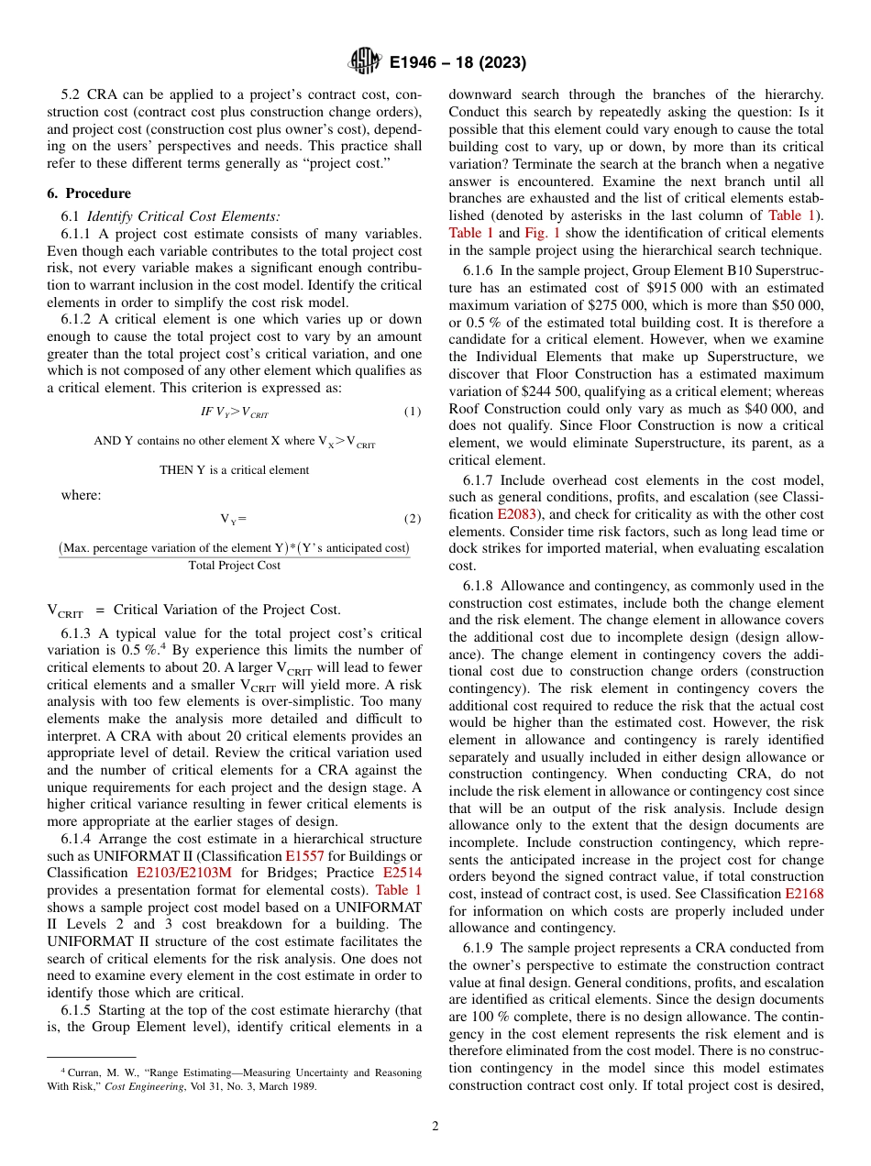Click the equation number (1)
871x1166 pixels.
coord(413,412)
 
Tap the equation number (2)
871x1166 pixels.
coord(413,518)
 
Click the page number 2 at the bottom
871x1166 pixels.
coord(435,1126)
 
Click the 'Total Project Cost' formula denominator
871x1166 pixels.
coord(234,566)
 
